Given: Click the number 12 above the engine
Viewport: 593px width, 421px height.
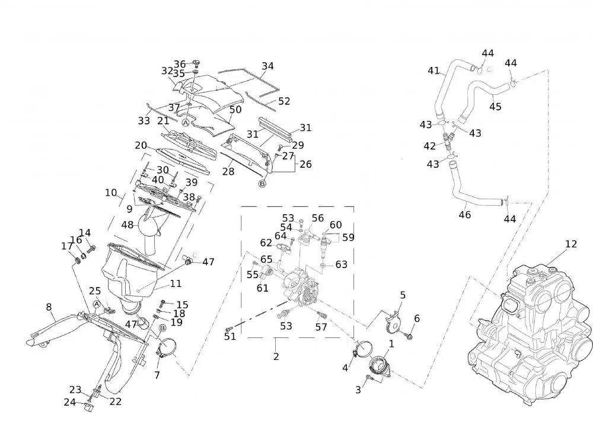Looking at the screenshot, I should [570, 244].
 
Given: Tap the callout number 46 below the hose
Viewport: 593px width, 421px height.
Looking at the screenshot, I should [465, 215].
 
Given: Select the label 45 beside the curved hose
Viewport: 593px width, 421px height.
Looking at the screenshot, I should [495, 107].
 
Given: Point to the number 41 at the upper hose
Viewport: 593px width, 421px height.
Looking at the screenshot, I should [433, 71].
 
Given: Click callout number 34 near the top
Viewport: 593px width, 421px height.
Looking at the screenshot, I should [267, 66].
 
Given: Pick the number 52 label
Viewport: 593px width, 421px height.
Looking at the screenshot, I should [284, 101].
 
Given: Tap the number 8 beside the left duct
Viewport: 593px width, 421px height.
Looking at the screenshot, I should [49, 307].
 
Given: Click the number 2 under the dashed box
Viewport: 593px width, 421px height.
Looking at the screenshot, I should [276, 356].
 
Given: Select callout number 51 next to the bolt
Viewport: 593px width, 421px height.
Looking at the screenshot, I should [230, 336].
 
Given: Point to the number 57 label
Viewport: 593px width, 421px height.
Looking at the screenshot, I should [321, 327].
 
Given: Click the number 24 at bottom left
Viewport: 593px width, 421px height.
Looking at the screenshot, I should [70, 402].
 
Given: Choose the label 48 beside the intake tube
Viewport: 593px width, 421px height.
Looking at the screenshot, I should [127, 225].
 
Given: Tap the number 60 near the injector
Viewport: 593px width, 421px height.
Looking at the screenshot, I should [336, 225].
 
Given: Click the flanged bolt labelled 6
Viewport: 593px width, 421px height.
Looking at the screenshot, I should [409, 336].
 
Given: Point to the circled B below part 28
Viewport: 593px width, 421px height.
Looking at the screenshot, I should [262, 184].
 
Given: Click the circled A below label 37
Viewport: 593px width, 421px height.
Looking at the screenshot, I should [185, 123].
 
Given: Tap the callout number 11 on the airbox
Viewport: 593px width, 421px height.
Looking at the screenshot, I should [176, 284].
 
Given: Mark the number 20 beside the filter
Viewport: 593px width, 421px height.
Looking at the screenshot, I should [141, 146].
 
